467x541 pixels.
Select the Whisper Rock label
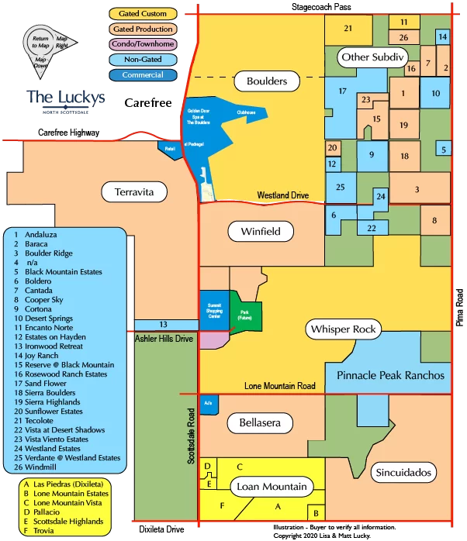click(x=343, y=329)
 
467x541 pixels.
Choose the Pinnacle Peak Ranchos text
click(x=391, y=375)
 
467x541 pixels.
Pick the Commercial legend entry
click(x=143, y=75)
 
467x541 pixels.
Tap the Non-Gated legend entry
click(x=143, y=60)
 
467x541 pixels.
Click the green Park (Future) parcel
click(x=250, y=313)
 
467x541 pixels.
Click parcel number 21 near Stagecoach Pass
click(x=348, y=29)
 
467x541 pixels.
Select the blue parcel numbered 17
click(x=341, y=91)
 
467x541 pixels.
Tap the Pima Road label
click(x=459, y=307)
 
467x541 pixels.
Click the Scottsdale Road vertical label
click(x=190, y=437)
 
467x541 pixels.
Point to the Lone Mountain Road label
click(x=280, y=385)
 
